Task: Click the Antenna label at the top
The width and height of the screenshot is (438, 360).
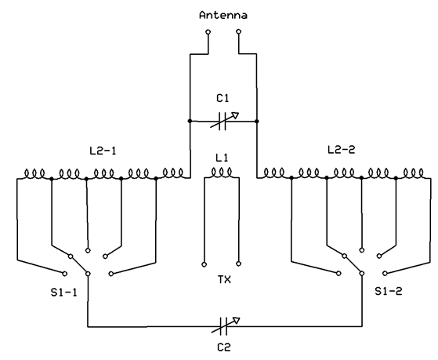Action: [x=223, y=15]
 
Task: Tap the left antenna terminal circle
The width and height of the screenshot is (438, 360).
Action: [x=208, y=32]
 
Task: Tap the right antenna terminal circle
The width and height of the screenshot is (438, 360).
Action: [x=238, y=31]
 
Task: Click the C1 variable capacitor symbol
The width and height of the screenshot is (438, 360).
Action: [x=223, y=121]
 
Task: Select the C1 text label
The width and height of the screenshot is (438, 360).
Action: [x=223, y=98]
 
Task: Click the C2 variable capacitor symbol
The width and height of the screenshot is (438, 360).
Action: [x=224, y=326]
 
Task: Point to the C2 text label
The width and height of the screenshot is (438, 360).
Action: [x=224, y=347]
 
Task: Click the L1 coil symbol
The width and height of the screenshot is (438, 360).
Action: [x=222, y=173]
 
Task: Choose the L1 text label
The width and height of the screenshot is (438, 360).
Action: [x=222, y=158]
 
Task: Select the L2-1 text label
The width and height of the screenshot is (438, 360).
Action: [x=103, y=151]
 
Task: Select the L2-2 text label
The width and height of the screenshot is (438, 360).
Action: [x=341, y=150]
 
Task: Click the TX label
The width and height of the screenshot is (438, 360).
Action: [x=224, y=279]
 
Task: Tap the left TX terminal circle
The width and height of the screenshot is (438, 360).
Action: [x=205, y=264]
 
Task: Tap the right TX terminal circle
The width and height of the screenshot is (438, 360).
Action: [x=238, y=264]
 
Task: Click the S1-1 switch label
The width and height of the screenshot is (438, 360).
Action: [x=63, y=293]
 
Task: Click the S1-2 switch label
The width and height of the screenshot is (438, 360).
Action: [x=389, y=292]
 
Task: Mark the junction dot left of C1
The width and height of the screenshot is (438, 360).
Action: [x=190, y=121]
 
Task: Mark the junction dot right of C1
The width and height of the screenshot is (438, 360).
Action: [x=257, y=121]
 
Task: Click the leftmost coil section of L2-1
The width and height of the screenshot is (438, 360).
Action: [x=34, y=173]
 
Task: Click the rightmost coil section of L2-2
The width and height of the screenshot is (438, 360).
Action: [x=413, y=173]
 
